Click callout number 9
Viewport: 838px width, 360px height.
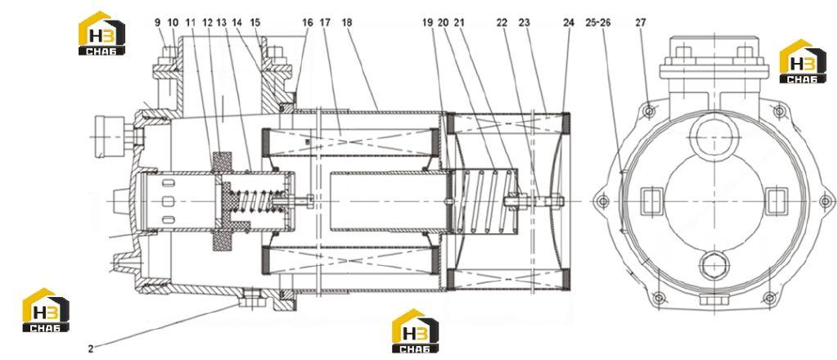coord(158,22)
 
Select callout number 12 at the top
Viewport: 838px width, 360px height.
coord(207,22)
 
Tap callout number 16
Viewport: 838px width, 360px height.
coord(308,22)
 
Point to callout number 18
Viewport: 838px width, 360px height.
coord(347,22)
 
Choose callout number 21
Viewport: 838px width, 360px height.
coord(460,22)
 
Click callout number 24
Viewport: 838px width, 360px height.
coord(569,22)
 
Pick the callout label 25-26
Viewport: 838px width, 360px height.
coord(598,22)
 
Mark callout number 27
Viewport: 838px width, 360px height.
coord(641,22)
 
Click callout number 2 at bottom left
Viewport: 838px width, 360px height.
coord(91,349)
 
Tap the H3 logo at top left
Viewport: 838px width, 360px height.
coord(101,33)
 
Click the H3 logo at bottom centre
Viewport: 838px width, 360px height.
coord(415,331)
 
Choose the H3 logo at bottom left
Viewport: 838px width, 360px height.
coord(46,310)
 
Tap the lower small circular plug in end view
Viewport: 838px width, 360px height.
coord(714,266)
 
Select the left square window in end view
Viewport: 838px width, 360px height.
coord(651,201)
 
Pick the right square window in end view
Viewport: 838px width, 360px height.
coord(777,201)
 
